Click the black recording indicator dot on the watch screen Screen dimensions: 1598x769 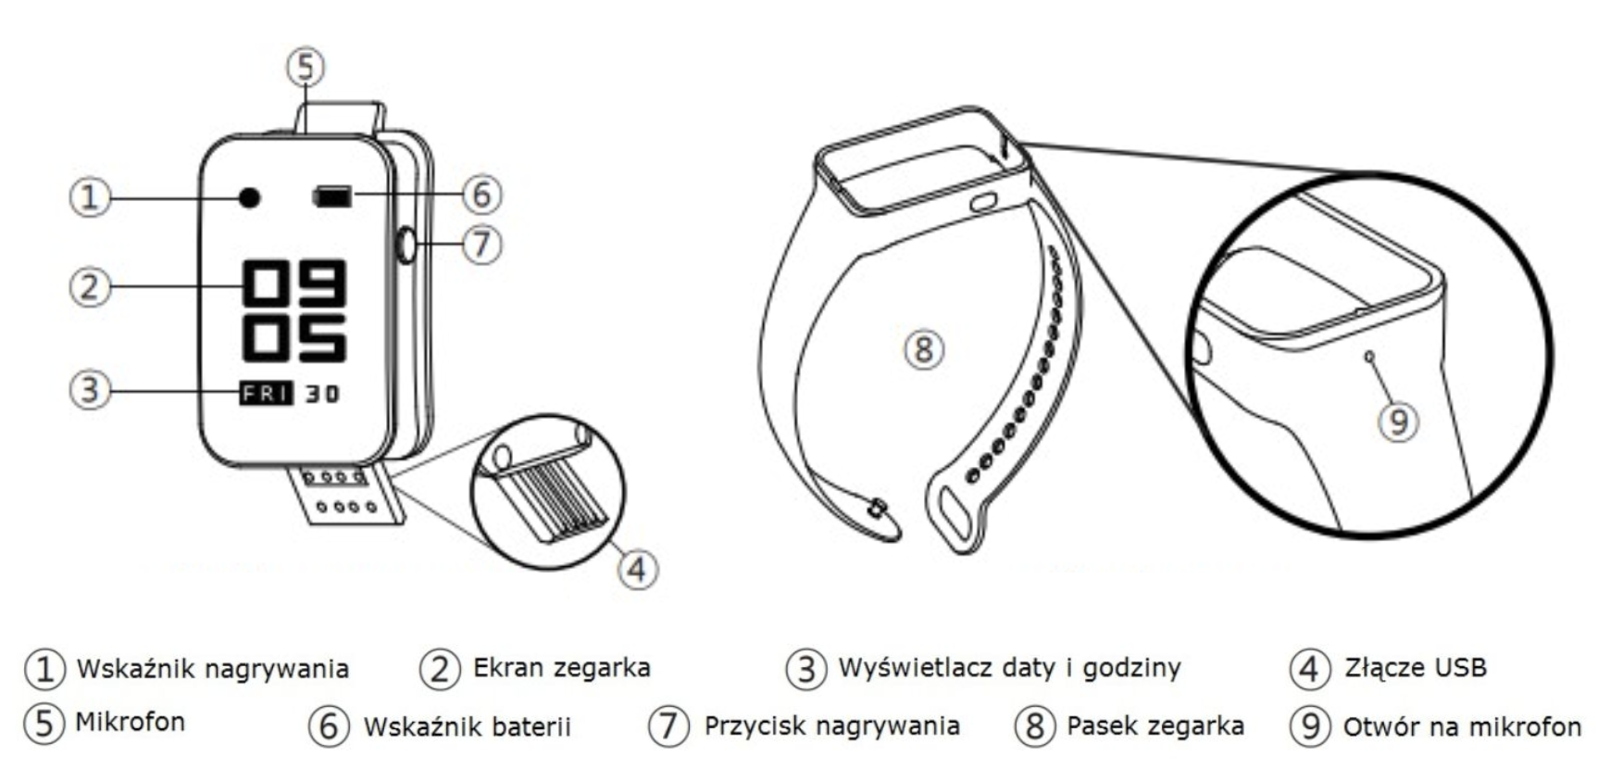point(249,197)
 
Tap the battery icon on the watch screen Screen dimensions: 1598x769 point(332,196)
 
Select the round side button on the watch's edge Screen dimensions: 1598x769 point(406,246)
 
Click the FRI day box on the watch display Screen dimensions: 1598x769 point(267,393)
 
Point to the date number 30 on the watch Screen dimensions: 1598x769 point(322,394)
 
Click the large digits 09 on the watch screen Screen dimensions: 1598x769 point(294,283)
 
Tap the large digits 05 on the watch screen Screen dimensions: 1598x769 point(294,337)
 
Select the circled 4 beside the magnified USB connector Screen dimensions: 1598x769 point(638,568)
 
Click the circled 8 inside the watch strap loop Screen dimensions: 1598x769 point(923,349)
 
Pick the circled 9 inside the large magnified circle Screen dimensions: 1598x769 point(1398,422)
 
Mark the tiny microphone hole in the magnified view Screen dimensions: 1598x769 point(1369,356)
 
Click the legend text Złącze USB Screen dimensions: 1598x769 point(1415,667)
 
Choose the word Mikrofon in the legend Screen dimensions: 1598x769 point(130,722)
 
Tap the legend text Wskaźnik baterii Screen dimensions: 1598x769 point(467,726)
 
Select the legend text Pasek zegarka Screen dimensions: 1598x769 point(1155,725)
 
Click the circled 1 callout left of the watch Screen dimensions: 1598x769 point(90,196)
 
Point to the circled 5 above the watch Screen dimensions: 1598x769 point(306,67)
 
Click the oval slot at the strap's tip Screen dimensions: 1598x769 point(952,513)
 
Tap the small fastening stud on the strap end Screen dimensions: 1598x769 point(876,506)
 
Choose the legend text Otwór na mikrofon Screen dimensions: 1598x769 point(1462,726)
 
